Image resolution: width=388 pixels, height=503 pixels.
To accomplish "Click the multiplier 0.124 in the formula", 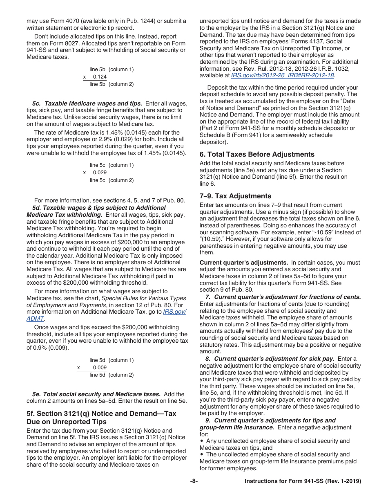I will coord(100,77).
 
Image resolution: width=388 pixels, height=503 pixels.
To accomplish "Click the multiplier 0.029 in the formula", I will coord(100,173).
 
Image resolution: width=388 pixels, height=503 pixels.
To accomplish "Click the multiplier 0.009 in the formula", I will coord(100,368).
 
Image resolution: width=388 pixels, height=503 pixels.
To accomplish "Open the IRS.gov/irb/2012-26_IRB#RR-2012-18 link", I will coord(283,75).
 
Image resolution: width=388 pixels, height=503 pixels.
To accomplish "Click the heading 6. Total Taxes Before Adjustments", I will coord(257,154).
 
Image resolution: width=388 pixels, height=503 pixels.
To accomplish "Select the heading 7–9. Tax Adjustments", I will coord(235,196).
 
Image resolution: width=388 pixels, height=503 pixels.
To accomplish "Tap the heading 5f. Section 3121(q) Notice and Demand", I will coord(101,413).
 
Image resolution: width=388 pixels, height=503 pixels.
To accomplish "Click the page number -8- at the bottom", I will coord(194,481).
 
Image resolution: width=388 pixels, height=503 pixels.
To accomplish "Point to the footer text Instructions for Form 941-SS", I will coord(303,481).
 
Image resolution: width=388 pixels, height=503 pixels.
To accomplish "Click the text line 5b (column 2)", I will coord(111,84).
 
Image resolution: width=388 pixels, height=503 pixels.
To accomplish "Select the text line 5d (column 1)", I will coord(111,360).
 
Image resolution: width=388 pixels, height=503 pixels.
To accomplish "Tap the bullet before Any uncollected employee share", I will coord(202,441).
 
